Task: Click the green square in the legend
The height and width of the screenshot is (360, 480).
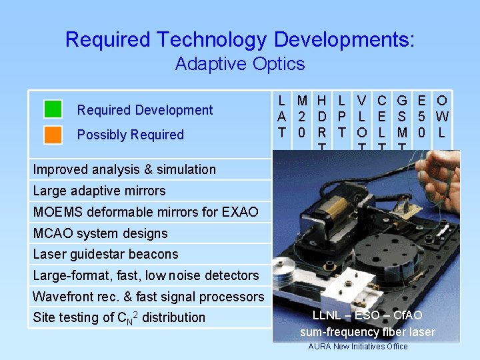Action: [53, 109]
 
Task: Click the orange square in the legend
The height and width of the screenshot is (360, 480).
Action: [53, 135]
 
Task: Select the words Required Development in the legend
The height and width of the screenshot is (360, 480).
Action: [145, 110]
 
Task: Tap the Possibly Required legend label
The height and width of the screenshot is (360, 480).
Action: [130, 135]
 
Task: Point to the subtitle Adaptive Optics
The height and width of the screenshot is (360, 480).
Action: [239, 64]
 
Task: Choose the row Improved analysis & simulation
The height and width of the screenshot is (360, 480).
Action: [124, 169]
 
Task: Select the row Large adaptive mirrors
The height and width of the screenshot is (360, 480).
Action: [99, 191]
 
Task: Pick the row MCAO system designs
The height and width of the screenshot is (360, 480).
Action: [100, 233]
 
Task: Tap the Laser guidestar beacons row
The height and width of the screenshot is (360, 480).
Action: [105, 254]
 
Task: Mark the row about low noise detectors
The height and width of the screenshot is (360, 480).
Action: [145, 275]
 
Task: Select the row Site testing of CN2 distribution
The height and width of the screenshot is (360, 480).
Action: [119, 318]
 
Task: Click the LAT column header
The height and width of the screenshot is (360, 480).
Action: [282, 117]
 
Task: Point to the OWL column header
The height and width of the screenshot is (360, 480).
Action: [441, 117]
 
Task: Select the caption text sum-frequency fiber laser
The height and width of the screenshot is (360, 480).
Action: [367, 331]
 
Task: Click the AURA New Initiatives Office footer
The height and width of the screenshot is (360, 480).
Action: [357, 346]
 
